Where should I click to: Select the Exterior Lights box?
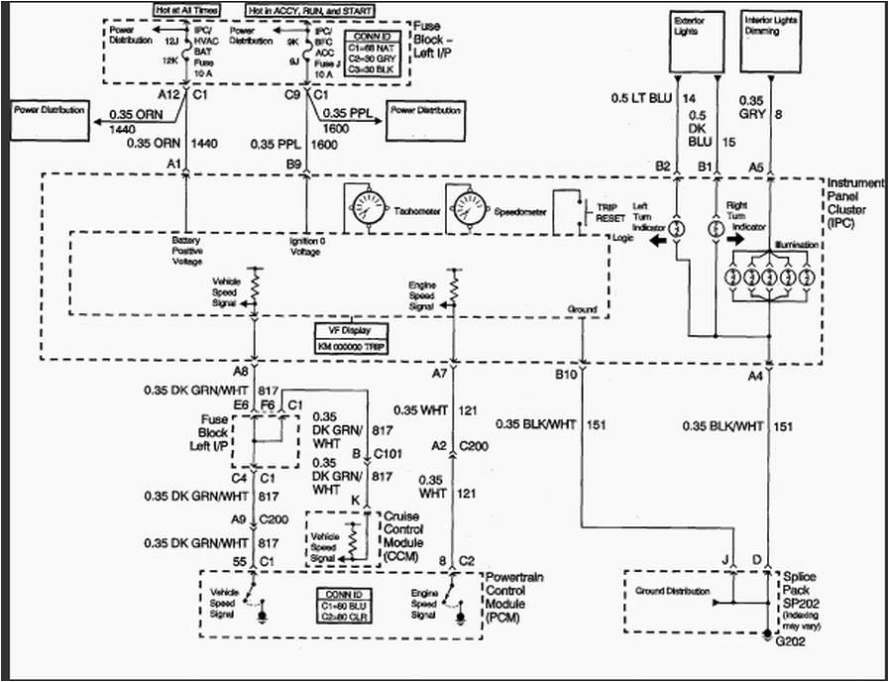point(700,39)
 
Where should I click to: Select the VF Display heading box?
point(351,330)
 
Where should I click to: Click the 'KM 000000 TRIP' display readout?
point(351,347)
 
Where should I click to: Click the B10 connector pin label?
point(564,375)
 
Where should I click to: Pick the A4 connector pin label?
point(755,375)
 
